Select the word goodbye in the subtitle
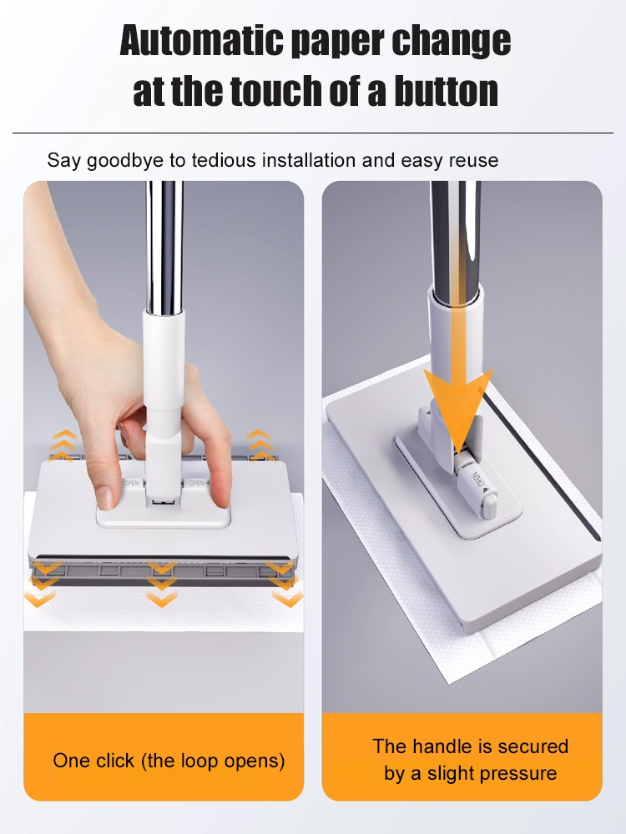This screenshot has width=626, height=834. pos(124,159)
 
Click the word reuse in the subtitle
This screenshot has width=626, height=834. pos(472,159)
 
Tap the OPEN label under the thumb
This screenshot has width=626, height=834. pos(131,483)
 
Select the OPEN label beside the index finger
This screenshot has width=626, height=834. pos(197,483)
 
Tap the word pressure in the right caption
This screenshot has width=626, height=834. pos(517,773)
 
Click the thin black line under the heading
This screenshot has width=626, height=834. pos(312,133)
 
